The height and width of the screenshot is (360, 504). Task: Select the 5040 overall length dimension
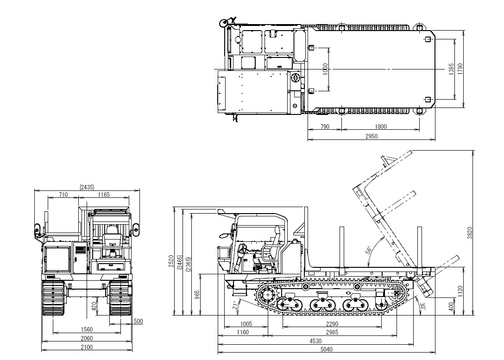coord(326,349)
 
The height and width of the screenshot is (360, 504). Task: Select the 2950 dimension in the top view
coord(372,136)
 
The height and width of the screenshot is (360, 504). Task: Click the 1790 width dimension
coord(460,68)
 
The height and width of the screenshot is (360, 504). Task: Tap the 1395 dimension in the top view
coord(452,69)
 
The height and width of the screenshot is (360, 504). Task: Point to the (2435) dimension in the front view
coord(87,187)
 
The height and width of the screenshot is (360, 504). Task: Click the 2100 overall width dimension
coord(87,347)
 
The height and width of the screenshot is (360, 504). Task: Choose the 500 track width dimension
coord(138,321)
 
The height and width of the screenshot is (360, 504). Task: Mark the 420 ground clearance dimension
coord(94,306)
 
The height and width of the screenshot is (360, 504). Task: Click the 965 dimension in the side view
coord(196,295)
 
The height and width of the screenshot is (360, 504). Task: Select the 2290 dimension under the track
coord(332,324)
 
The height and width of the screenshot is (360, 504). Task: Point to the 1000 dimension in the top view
coord(325,69)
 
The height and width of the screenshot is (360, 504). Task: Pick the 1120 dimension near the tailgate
coord(460,291)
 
